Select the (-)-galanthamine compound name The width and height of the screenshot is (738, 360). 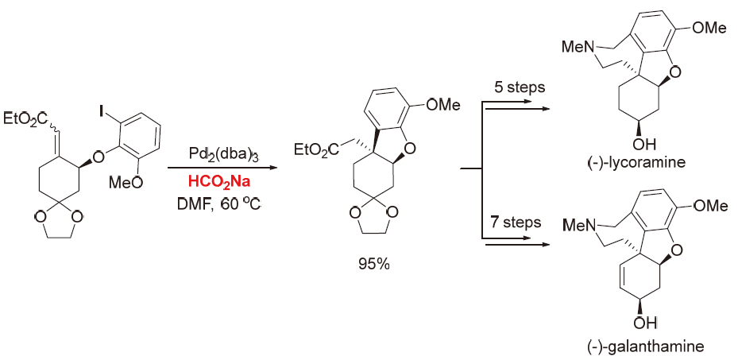(x=642, y=346)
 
